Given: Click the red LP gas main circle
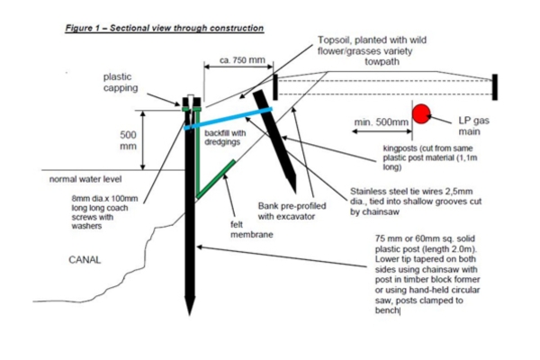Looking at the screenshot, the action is click(x=421, y=114).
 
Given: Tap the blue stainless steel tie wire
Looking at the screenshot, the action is click(x=228, y=119).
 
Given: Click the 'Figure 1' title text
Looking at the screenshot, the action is click(x=165, y=28).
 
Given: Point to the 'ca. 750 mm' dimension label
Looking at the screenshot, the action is click(x=242, y=60).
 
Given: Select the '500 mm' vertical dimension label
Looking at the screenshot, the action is click(x=128, y=140).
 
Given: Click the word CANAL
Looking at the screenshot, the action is click(x=85, y=260).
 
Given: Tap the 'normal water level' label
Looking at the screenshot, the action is click(x=85, y=179).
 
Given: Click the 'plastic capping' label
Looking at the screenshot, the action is click(x=121, y=82).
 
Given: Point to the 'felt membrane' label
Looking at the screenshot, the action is click(x=252, y=229).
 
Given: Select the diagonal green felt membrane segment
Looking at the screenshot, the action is click(x=216, y=179).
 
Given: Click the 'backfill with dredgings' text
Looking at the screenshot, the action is click(x=225, y=138).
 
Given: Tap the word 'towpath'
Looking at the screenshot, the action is click(x=382, y=62).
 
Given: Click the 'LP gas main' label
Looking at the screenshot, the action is click(x=474, y=126).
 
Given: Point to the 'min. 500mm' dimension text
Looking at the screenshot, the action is click(x=382, y=122).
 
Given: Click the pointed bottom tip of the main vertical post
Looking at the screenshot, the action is click(x=189, y=315).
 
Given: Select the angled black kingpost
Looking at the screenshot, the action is click(x=274, y=141).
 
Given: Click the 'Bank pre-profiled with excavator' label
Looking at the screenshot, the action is click(x=292, y=211).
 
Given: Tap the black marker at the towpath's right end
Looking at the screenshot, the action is click(x=495, y=87).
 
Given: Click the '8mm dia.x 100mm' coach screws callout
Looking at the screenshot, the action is click(x=104, y=212).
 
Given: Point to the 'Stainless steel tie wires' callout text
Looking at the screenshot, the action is click(x=416, y=202).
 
